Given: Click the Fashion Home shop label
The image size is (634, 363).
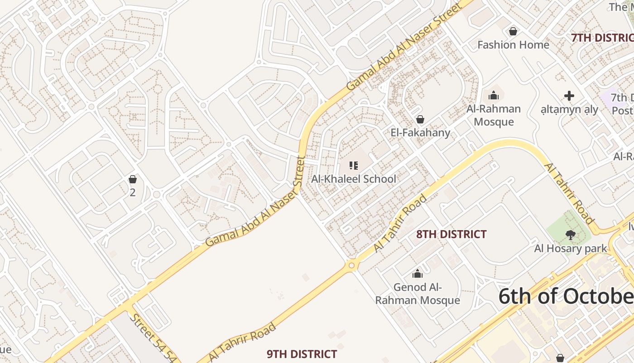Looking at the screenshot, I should click(513, 44).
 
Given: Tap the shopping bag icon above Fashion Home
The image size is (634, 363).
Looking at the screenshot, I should click(513, 31).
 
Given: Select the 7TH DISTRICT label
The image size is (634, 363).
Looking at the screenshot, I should click(602, 38).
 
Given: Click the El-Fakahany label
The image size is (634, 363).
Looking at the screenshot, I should click(420, 132).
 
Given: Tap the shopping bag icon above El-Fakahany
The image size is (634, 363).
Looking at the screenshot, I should click(420, 119).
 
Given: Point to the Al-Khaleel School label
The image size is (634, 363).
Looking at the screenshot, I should click(354, 179).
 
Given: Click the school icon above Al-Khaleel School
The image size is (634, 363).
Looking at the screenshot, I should click(354, 166).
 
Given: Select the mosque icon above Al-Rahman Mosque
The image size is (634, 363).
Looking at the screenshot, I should click(493, 95).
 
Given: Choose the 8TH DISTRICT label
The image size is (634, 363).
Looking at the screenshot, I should click(451, 234).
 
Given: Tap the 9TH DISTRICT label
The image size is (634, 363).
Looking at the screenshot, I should click(302, 354).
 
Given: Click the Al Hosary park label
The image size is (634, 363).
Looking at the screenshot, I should click(570, 248).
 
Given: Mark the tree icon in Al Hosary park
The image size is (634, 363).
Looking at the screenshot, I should click(570, 235).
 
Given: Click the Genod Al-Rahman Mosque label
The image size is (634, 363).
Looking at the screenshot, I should click(417, 294).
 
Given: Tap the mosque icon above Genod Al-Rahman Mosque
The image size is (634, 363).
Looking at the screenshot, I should click(417, 274).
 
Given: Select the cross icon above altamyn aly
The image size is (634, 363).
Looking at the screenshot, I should click(569, 96).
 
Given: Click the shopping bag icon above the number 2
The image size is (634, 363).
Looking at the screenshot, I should click(133, 179).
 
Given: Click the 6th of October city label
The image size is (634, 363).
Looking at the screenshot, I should click(566, 296).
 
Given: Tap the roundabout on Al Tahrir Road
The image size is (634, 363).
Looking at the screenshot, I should click(352, 265).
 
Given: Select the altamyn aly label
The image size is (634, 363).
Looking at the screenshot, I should click(569, 109).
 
